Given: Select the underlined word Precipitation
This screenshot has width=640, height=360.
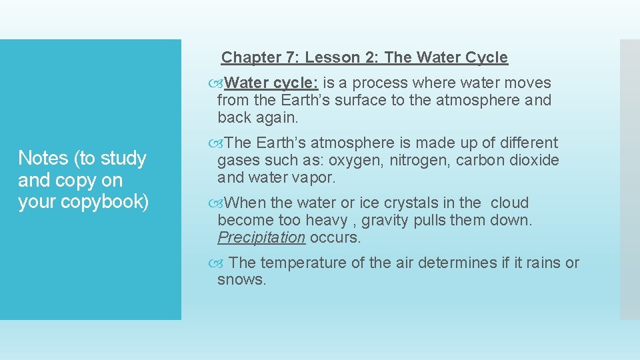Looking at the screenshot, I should point(261,237).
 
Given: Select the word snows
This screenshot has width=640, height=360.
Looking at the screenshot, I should point(241,280).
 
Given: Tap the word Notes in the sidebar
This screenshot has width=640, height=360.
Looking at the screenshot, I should point(43,158).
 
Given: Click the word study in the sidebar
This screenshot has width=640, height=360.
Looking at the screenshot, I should point(123,159).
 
